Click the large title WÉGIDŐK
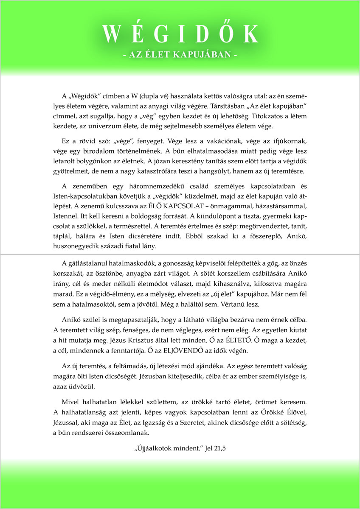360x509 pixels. (x=180, y=34)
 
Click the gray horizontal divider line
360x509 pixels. (x=180, y=255)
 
